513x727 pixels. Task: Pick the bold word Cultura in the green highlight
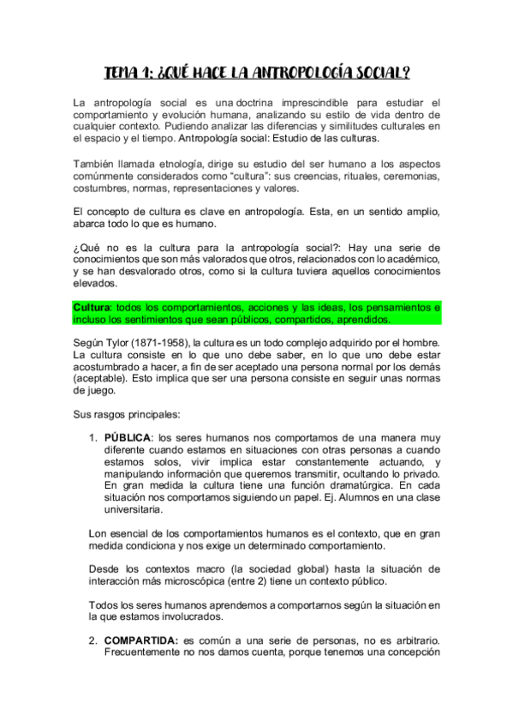(92, 306)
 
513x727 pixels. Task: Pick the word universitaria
(133, 510)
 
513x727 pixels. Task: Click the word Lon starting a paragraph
(98, 532)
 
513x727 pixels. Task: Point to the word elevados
(95, 282)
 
